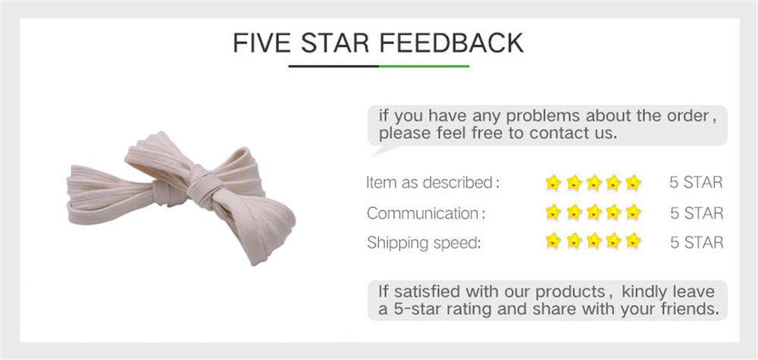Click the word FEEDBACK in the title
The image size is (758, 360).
pyautogui.click(x=451, y=43)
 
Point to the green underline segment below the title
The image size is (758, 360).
pyautogui.click(x=424, y=67)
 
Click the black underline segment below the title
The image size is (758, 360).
pyautogui.click(x=334, y=67)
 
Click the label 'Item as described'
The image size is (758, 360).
pyautogui.click(x=431, y=183)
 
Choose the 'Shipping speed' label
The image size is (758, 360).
pyautogui.click(x=424, y=243)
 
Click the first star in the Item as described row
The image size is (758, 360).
pyautogui.click(x=553, y=183)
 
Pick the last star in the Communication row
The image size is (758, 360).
pyautogui.click(x=634, y=212)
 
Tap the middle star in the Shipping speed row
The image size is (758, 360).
pyautogui.click(x=594, y=242)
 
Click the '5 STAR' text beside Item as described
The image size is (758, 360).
pyautogui.click(x=696, y=183)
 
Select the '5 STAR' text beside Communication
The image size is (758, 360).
pyautogui.click(x=696, y=213)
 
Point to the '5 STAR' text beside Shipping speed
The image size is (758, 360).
pyautogui.click(x=696, y=243)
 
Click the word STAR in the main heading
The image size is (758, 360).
pyautogui.click(x=335, y=43)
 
